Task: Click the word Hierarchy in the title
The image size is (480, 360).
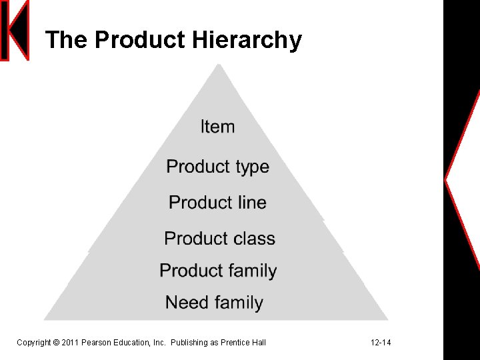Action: point(247,41)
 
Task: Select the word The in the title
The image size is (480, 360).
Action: point(67,40)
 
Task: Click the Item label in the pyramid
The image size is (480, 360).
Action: point(217,127)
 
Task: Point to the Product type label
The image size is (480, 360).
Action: point(217,166)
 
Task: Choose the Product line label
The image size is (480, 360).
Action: point(217,203)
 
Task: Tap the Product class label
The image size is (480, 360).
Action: point(219,239)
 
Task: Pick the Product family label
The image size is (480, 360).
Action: point(218,271)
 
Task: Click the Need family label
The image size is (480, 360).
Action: point(214,303)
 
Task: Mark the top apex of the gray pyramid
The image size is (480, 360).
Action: point(218,65)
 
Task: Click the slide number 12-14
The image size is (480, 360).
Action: point(381,343)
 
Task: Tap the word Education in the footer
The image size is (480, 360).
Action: point(132,343)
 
